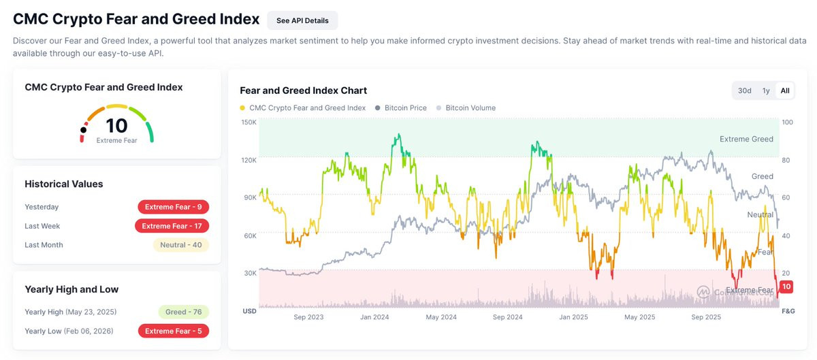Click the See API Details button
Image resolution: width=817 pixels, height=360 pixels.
tap(302, 20)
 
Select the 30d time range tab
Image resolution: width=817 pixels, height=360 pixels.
tap(744, 91)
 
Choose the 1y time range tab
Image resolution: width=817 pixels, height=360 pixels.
tap(766, 91)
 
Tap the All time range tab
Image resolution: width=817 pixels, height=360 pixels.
tap(785, 91)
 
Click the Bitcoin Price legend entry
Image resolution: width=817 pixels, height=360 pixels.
tap(401, 108)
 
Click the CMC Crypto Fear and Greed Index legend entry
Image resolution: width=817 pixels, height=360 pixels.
tap(303, 108)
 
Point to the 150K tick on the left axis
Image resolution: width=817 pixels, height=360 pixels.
tap(249, 122)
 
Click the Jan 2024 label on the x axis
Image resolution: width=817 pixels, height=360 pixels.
tap(374, 317)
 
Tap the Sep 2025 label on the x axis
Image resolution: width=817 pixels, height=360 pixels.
tap(706, 317)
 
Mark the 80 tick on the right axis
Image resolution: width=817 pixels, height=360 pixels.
tap(786, 160)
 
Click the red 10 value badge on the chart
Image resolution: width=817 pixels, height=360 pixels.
tap(786, 287)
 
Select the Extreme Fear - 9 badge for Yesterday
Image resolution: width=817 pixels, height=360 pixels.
tap(173, 207)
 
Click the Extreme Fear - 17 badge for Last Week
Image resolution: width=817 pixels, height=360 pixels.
tap(172, 226)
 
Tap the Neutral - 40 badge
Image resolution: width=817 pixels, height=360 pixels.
tap(181, 245)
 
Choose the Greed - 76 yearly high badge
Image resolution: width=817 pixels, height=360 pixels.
tap(183, 312)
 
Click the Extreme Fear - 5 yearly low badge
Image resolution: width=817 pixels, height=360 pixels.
tap(173, 331)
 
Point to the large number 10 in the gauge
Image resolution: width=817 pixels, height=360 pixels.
tap(116, 126)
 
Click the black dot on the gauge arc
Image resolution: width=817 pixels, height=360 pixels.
tap(84, 130)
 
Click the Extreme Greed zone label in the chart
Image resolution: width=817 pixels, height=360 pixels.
tap(746, 139)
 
